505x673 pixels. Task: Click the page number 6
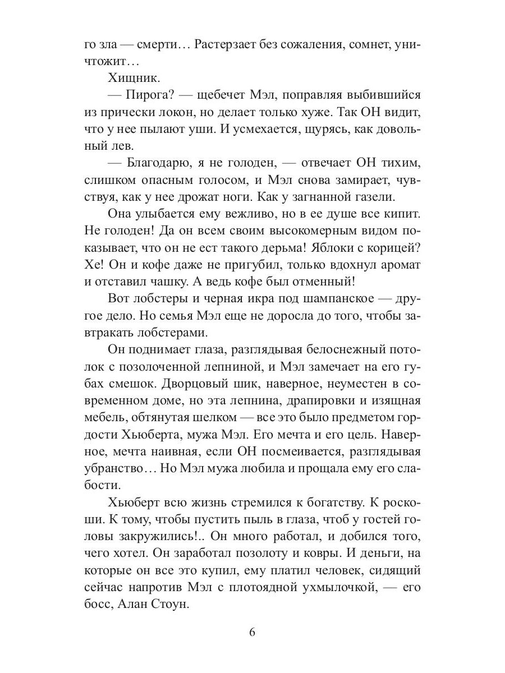point(252,633)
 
